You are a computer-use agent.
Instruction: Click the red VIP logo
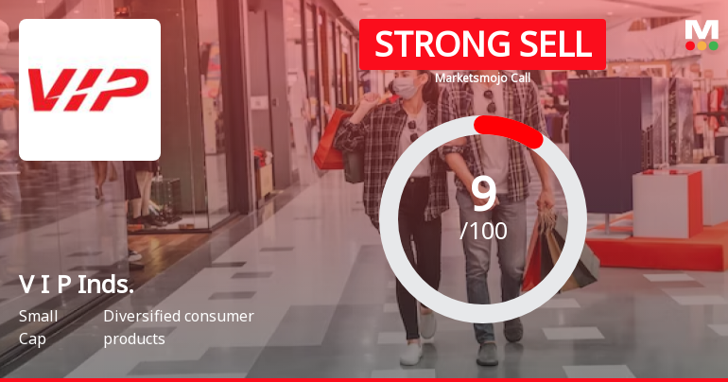pyautogui.click(x=89, y=90)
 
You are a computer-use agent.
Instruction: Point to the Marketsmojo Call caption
pyautogui.click(x=482, y=78)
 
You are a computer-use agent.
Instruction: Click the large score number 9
pyautogui.click(x=483, y=194)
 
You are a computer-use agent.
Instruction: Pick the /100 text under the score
pyautogui.click(x=483, y=231)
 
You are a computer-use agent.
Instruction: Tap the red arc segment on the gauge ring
pyautogui.click(x=511, y=130)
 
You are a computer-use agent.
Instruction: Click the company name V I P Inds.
pyautogui.click(x=77, y=284)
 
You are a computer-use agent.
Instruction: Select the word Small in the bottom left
pyautogui.click(x=38, y=316)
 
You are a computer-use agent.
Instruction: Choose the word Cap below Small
pyautogui.click(x=31, y=339)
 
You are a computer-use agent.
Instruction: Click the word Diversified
pyautogui.click(x=142, y=316)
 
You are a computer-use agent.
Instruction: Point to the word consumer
pyautogui.click(x=221, y=316)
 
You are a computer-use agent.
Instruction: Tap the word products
pyautogui.click(x=134, y=339)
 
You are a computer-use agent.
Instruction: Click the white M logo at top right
pyautogui.click(x=702, y=28)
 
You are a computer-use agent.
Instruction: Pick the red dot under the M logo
pyautogui.click(x=690, y=45)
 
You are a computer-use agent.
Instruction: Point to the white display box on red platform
pyautogui.click(x=667, y=203)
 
